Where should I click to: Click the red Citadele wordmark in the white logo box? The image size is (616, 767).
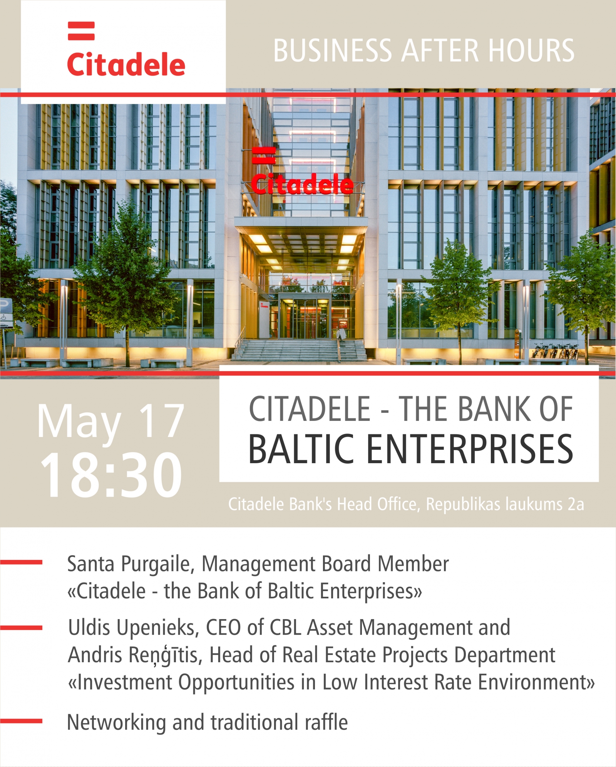[126, 64]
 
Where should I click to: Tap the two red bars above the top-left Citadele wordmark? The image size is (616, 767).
[81, 31]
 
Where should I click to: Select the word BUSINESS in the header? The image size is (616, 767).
[333, 50]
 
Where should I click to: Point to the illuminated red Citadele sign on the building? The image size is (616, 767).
[302, 184]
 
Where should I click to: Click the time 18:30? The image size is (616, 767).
[111, 475]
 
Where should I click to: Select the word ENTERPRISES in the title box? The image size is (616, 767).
[470, 449]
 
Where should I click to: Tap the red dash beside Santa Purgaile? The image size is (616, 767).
[21, 563]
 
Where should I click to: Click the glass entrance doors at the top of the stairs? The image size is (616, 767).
[305, 318]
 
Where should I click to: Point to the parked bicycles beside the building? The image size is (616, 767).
[555, 351]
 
